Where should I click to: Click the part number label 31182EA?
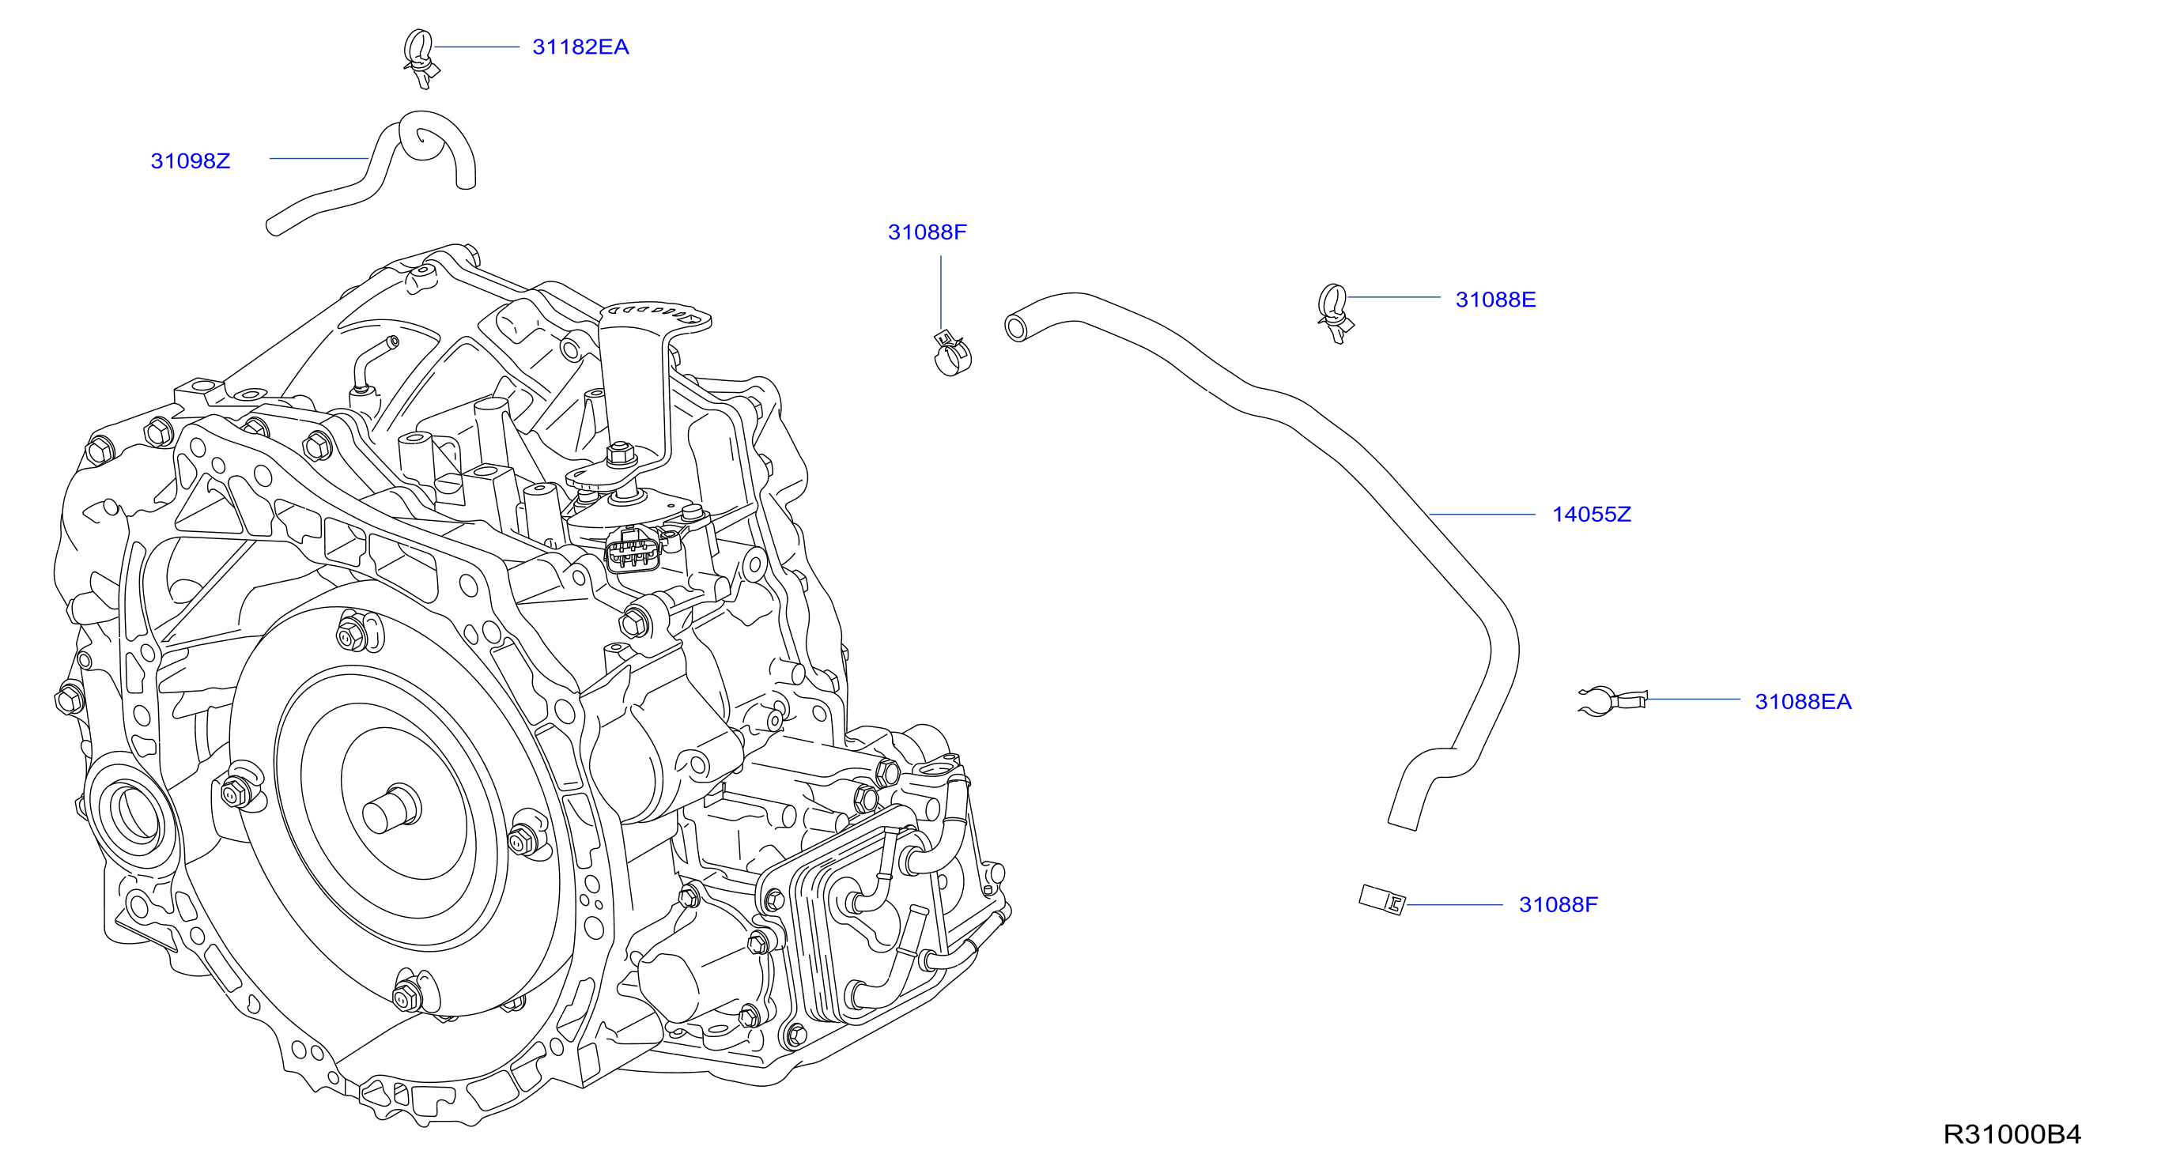580,47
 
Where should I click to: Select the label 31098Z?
190,160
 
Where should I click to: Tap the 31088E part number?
1495,300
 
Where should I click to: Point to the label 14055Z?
1591,515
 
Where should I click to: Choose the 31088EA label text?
1803,702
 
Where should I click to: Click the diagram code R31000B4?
2012,1134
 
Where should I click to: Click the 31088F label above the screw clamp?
927,232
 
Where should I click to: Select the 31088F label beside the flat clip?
1559,904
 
